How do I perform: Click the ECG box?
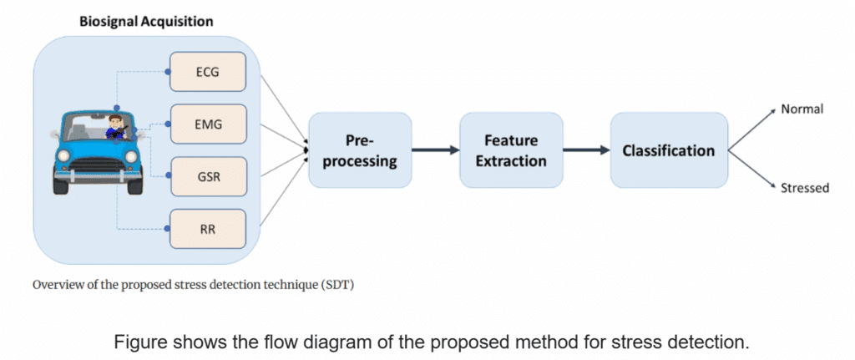(x=208, y=72)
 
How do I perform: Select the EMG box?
(x=208, y=124)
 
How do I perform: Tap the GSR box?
(x=208, y=176)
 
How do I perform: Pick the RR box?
(x=208, y=229)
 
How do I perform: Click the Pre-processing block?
(x=361, y=150)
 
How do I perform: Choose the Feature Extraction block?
(x=511, y=150)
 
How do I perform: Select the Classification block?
(x=669, y=150)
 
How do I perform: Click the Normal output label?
(x=802, y=109)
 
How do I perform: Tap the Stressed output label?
(x=805, y=188)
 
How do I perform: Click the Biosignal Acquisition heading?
(x=146, y=23)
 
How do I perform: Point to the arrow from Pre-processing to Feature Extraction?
(x=436, y=150)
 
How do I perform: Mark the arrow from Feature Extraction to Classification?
(x=587, y=150)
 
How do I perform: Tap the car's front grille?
(x=94, y=166)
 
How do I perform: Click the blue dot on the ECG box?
(x=169, y=72)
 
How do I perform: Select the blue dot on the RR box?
(x=169, y=228)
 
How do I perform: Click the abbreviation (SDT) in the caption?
(x=336, y=286)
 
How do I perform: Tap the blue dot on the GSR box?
(x=169, y=175)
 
